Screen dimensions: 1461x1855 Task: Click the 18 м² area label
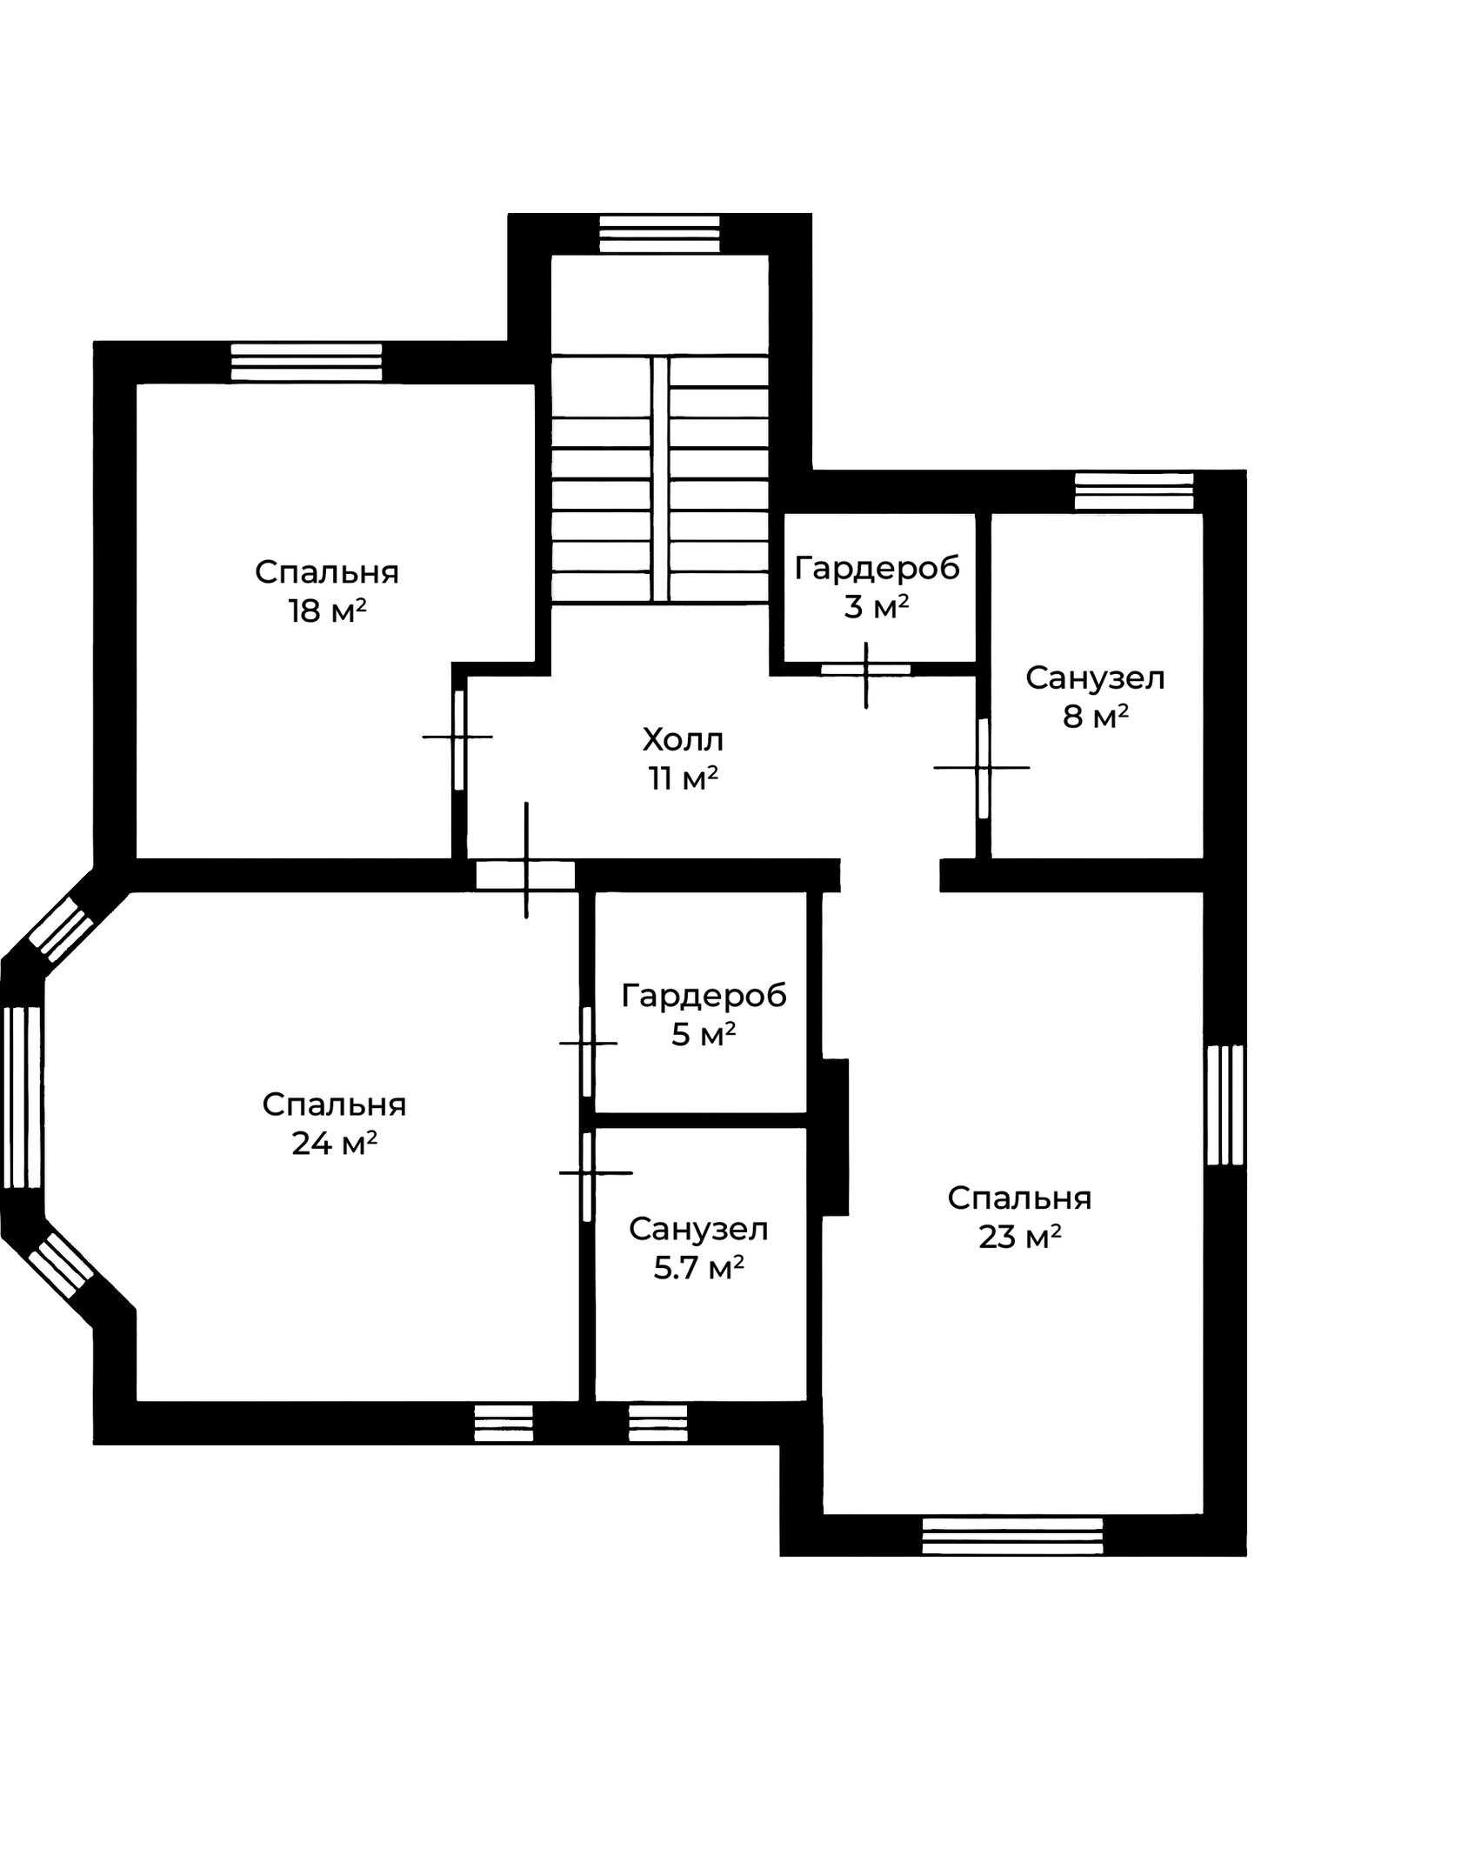click(327, 611)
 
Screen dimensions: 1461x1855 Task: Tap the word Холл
click(683, 740)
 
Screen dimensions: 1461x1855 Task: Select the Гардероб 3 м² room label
click(877, 587)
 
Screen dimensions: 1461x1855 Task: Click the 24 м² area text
click(334, 1144)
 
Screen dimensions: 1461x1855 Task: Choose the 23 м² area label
click(1020, 1237)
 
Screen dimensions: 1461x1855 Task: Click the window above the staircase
click(660, 234)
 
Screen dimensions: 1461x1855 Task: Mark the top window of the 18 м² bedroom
click(306, 362)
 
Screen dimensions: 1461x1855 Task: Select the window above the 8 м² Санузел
click(1134, 491)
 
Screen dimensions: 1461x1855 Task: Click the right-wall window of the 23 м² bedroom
click(1226, 1105)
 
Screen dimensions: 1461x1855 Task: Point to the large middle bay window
click(23, 1098)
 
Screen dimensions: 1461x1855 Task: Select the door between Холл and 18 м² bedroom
click(459, 739)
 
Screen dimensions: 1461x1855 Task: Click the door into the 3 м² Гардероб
click(866, 670)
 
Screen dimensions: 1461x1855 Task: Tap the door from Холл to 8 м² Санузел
click(984, 768)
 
